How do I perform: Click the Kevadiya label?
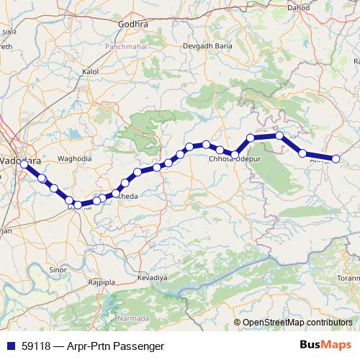point(152,276)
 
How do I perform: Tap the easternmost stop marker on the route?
point(335,158)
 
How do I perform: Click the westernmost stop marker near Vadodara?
point(24,164)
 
